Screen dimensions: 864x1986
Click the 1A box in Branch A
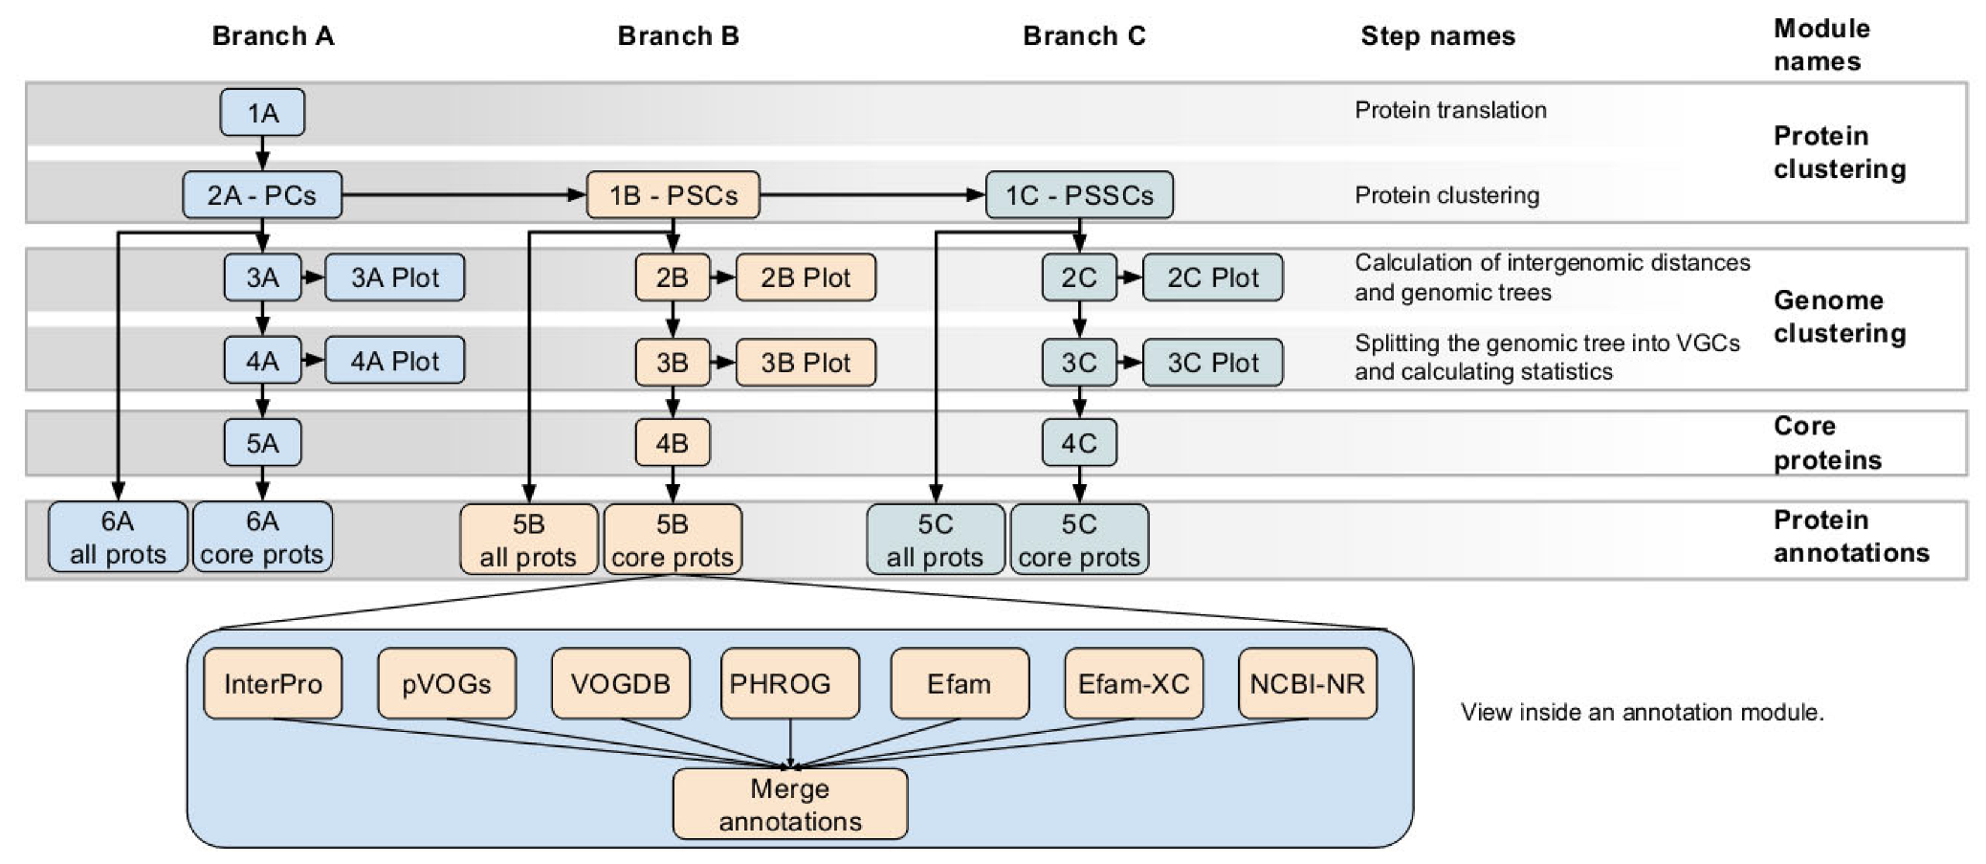coord(262,113)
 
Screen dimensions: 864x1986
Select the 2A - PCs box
coord(262,195)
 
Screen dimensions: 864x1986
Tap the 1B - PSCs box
coord(673,195)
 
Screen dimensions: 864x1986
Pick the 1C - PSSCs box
coord(1078,195)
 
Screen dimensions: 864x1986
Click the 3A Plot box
coord(394,277)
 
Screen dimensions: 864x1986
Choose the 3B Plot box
coord(805,363)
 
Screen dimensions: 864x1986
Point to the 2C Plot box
coord(1212,277)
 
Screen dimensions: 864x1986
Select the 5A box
coord(262,443)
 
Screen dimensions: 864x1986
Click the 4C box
coord(1078,443)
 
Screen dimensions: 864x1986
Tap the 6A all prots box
coord(118,537)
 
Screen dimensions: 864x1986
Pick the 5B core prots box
coord(673,540)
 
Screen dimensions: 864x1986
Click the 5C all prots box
coord(935,540)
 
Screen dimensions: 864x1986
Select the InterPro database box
coord(273,683)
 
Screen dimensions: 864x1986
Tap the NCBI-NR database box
coord(1307,683)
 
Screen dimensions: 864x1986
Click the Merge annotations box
coord(789,804)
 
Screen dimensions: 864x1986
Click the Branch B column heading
coord(677,36)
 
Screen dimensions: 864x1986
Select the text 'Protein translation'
coord(1450,110)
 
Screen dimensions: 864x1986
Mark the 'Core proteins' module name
coord(1826,443)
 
